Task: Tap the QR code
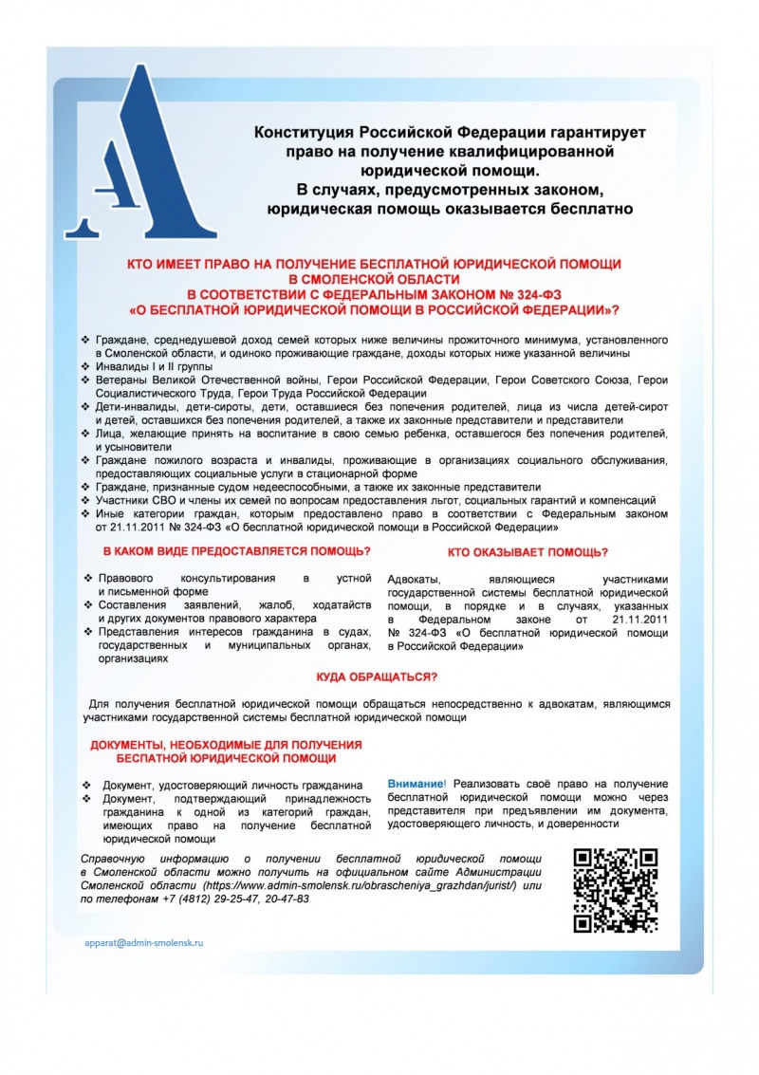(615, 890)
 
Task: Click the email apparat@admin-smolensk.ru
(144, 943)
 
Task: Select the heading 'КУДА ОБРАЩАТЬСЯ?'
(376, 677)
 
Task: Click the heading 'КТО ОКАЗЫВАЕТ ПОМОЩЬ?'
(528, 552)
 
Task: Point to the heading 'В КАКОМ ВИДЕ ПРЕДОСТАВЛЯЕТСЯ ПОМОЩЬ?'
(236, 551)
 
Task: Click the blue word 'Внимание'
(416, 784)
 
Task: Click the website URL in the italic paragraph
(360, 885)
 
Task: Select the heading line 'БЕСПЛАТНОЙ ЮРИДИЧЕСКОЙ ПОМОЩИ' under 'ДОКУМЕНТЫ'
(226, 759)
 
